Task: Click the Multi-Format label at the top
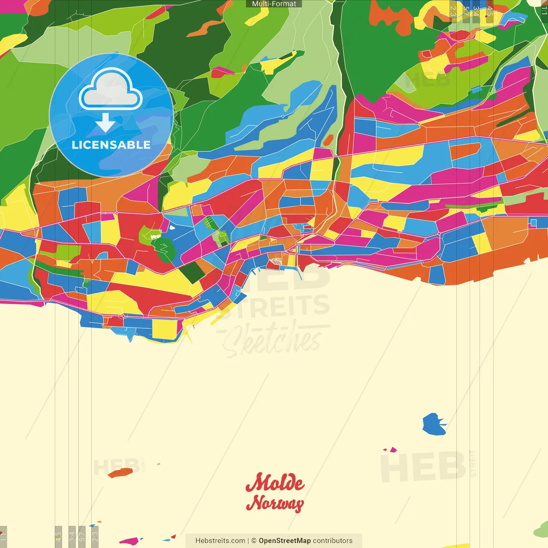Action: point(274,4)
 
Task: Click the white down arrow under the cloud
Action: point(105,123)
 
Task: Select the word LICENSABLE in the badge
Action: point(111,145)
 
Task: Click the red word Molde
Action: point(275,482)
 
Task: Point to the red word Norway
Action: point(275,503)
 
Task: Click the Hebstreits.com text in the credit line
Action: point(220,541)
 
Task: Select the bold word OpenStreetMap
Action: point(284,541)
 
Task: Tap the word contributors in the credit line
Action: point(333,541)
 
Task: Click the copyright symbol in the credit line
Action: point(254,541)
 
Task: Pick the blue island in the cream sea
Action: point(434,424)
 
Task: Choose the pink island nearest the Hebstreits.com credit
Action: point(131,541)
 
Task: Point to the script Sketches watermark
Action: point(272,340)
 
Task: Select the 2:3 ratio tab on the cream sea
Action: point(95,536)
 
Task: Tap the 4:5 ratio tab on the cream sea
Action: point(58,536)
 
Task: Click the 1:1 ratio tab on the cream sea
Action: point(3,536)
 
